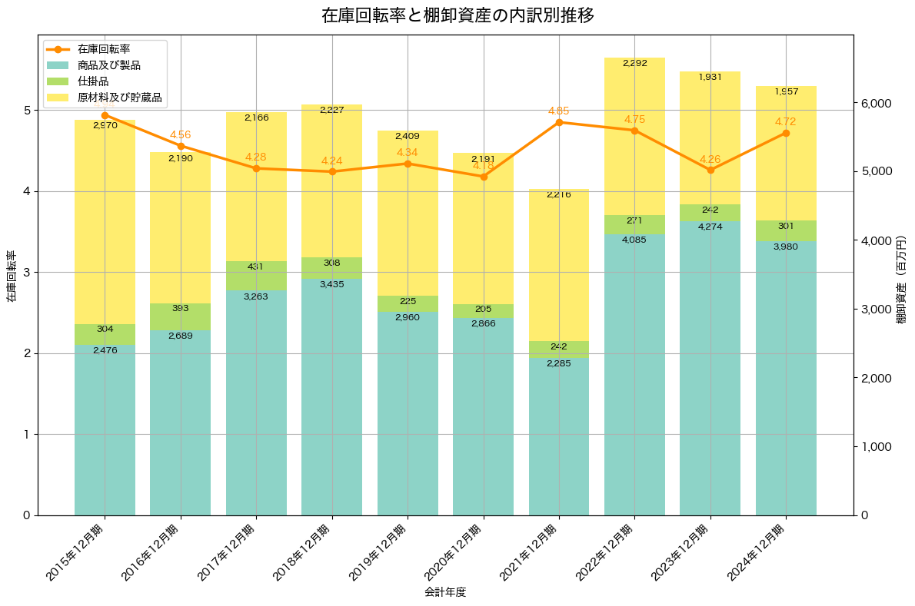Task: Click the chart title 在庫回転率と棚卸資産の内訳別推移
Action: click(457, 15)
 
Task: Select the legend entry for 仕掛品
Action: click(93, 81)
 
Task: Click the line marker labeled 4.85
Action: click(559, 122)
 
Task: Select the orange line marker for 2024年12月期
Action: click(786, 133)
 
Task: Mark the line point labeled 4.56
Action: click(181, 146)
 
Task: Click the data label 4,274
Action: click(710, 227)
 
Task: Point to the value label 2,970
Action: click(105, 125)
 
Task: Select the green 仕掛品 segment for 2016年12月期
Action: click(181, 316)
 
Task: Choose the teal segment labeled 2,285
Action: click(559, 438)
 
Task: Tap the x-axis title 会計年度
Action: click(445, 592)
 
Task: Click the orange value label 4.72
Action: click(786, 121)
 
